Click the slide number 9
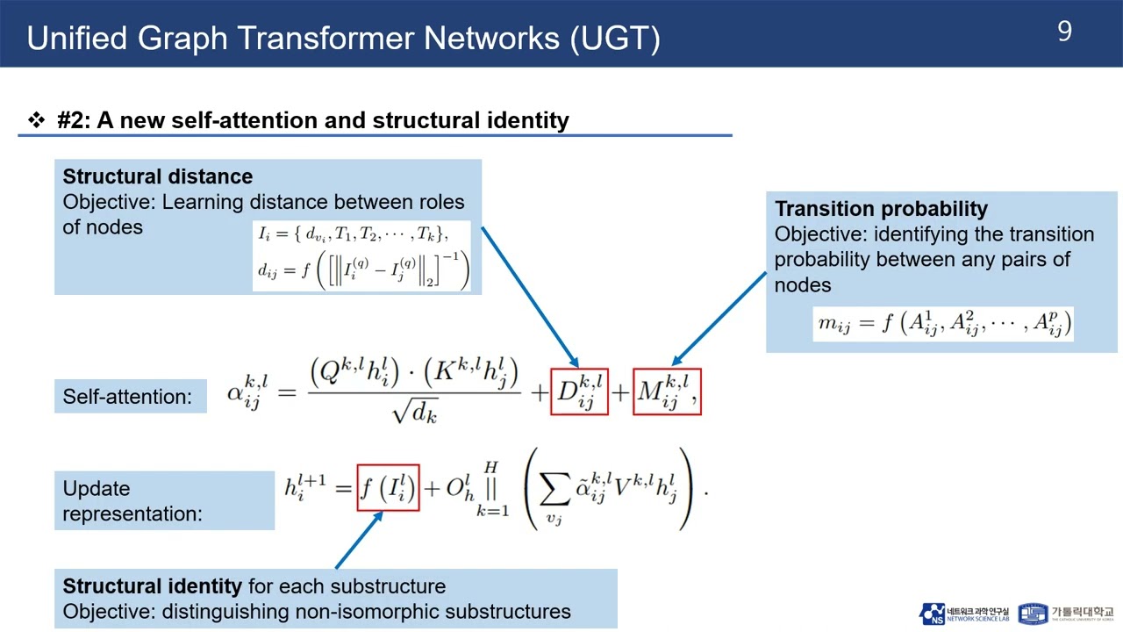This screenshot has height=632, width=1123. click(1064, 32)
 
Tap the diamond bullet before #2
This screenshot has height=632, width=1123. click(37, 120)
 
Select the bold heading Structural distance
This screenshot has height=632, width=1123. click(158, 176)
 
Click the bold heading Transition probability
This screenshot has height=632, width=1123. click(881, 209)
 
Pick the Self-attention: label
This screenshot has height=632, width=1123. click(127, 397)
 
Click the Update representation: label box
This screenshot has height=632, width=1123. click(164, 500)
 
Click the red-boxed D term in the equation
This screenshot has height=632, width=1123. click(579, 391)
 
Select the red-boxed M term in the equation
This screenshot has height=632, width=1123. click(667, 391)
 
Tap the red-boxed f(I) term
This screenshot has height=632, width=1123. click(388, 488)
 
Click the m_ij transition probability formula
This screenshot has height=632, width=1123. click(944, 323)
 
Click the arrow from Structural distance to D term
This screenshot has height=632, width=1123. click(529, 296)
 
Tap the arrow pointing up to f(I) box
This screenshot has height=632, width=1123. click(360, 539)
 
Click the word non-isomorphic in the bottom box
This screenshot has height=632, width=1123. click(346, 611)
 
